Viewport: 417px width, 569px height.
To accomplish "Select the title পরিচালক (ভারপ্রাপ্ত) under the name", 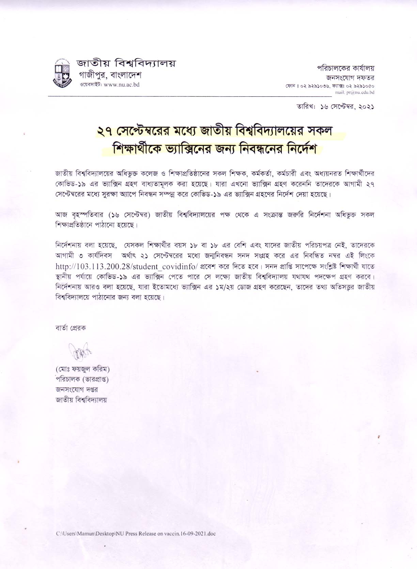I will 82,379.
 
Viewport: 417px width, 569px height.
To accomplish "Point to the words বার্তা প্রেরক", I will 71,328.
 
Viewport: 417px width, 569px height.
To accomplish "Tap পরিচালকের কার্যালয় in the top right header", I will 346,68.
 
